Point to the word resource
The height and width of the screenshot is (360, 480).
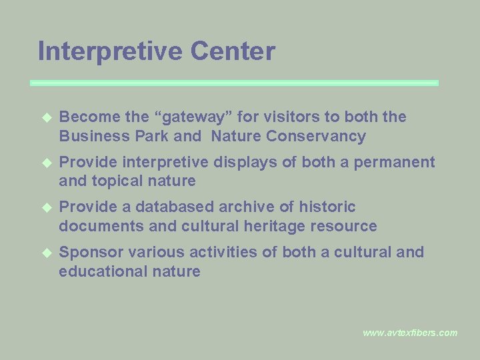click(x=345, y=226)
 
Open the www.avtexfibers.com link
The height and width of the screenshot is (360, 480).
click(x=410, y=333)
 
